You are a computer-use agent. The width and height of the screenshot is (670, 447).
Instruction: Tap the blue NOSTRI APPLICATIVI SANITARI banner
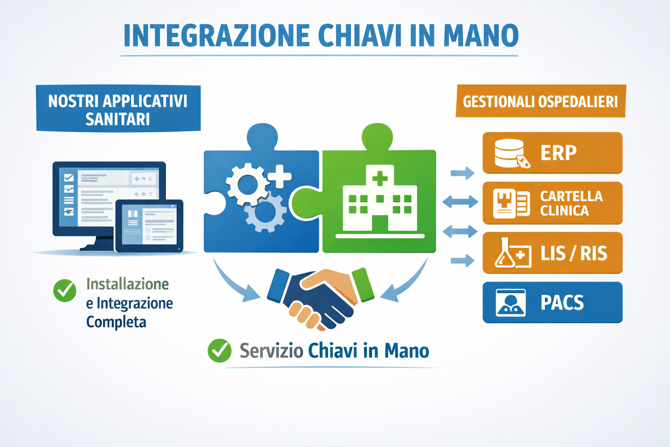(118, 108)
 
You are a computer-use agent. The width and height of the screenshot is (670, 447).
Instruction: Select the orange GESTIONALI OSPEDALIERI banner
(541, 101)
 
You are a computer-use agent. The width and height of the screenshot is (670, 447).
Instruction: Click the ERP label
(558, 153)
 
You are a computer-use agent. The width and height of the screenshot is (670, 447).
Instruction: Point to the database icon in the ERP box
(512, 153)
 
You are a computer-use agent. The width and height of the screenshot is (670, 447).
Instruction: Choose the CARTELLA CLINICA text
(571, 203)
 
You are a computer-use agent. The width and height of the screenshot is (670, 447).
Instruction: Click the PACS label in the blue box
(562, 303)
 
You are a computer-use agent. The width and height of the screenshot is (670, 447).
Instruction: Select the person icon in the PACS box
(511, 303)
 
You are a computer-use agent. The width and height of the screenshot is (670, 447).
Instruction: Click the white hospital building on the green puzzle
(380, 201)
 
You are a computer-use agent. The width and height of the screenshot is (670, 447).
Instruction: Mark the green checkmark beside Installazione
(65, 290)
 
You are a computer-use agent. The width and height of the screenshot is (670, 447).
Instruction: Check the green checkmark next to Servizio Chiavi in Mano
(219, 351)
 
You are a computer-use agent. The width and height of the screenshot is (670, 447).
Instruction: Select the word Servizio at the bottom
(271, 351)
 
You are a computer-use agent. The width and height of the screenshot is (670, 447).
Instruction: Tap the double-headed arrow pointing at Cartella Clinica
(460, 202)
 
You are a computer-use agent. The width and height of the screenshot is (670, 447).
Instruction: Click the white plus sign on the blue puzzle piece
(279, 177)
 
